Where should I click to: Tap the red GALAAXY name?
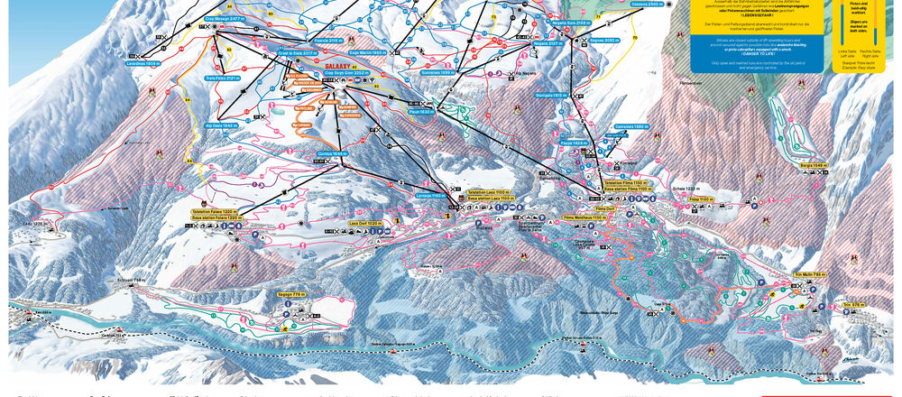pos(312,64)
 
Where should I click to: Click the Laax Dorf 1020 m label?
pos(364,222)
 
